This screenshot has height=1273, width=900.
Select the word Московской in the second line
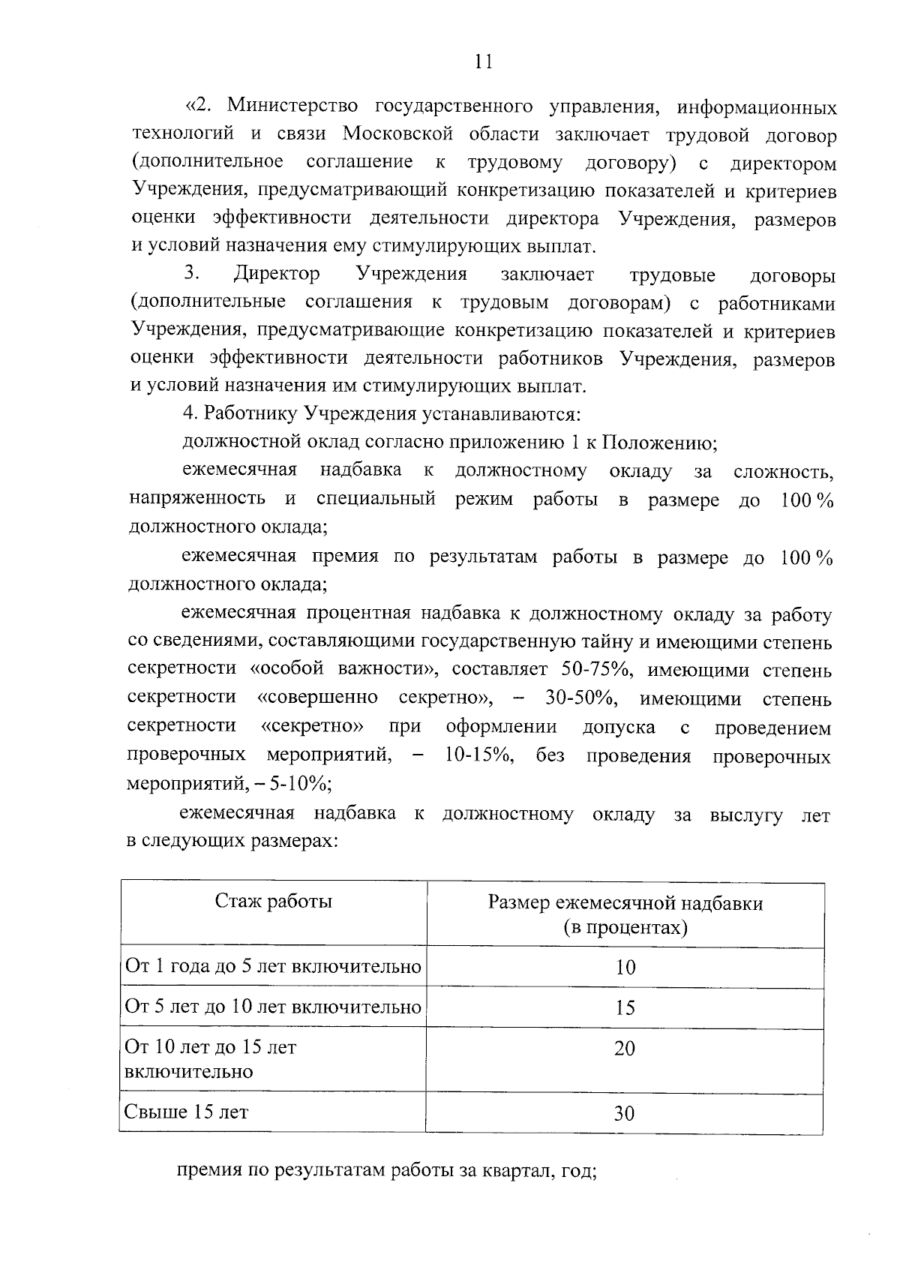(x=398, y=135)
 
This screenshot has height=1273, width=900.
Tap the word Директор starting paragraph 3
(x=276, y=275)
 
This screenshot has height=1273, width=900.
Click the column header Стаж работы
(x=273, y=901)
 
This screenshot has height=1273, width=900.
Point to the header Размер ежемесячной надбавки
(x=625, y=903)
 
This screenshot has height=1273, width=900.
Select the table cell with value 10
(x=625, y=968)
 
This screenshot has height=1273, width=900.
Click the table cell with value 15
(x=625, y=1007)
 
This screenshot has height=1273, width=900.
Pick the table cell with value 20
(x=625, y=1048)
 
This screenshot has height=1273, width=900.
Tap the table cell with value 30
(x=625, y=1113)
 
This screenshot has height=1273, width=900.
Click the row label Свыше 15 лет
(x=187, y=1112)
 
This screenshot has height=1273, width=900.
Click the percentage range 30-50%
(x=580, y=698)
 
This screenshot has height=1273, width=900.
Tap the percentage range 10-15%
(x=478, y=755)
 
